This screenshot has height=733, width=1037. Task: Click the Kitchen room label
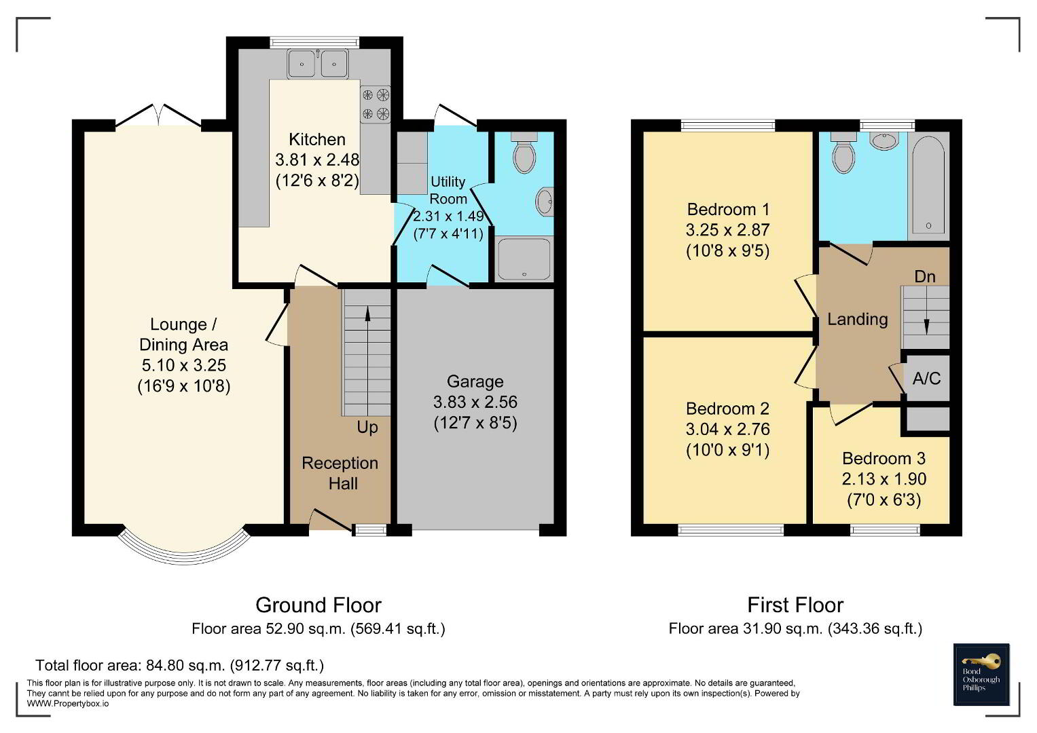pos(317,139)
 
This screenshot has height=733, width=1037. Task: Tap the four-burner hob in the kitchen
pos(376,105)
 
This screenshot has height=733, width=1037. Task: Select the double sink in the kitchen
pos(318,63)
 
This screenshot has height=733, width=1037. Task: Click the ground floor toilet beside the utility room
pos(524,152)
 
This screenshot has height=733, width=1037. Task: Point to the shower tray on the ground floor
pos(524,259)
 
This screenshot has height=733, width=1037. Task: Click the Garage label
pos(475,381)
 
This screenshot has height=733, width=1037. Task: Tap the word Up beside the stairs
pos(367,427)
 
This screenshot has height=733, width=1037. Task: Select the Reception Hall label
pos(340,473)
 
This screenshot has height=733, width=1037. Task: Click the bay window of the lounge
pos(184,559)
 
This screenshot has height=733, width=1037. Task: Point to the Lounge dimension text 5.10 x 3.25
pos(184,365)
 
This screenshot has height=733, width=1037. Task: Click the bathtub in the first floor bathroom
pos(928,185)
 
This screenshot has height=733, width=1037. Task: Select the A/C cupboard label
pos(926,379)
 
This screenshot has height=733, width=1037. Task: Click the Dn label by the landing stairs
pos(925,277)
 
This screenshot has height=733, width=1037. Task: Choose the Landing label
pos(858,319)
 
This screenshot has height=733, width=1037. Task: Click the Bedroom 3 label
pos(884,458)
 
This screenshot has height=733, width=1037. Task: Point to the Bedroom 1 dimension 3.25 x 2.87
pos(728,230)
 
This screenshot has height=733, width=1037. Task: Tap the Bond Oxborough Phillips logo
pos(981,674)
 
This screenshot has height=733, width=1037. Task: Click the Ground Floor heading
pos(319,605)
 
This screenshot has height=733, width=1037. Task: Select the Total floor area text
pos(179,665)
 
